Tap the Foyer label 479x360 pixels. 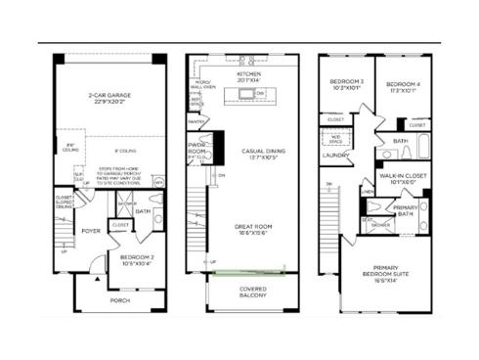(91, 231)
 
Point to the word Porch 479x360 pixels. (119, 300)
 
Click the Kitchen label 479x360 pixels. (249, 73)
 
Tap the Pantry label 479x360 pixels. (197, 122)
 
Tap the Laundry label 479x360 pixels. (336, 155)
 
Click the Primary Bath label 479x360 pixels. (406, 210)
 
